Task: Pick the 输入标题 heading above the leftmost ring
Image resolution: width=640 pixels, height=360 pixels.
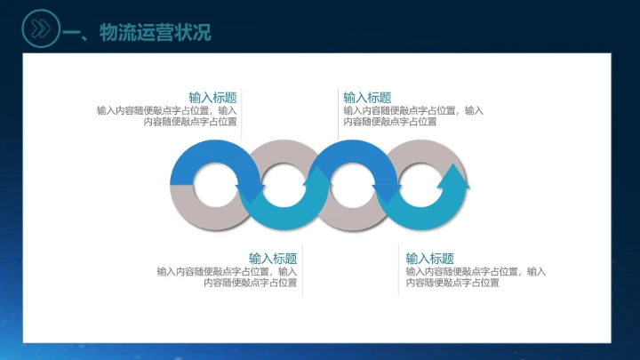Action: [x=212, y=98]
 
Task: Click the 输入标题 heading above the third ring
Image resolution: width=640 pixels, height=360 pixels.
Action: [x=367, y=98]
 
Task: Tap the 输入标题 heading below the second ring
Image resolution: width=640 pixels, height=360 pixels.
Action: [x=273, y=258]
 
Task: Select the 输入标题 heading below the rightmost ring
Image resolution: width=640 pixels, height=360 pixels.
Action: [x=430, y=258]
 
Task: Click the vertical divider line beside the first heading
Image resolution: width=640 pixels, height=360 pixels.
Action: [x=242, y=111]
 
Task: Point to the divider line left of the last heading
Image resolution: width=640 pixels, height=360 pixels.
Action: [x=398, y=268]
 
